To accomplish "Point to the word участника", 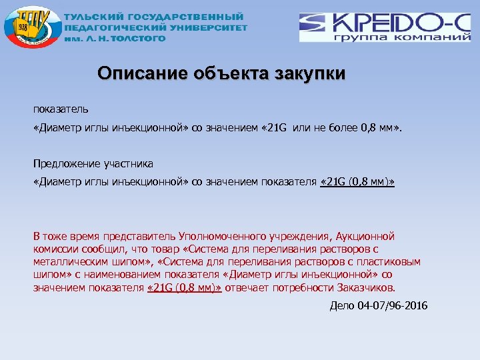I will pos(131,163).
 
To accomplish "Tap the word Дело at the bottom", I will pos(343,306).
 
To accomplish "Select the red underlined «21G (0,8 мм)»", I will pos(183,287).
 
